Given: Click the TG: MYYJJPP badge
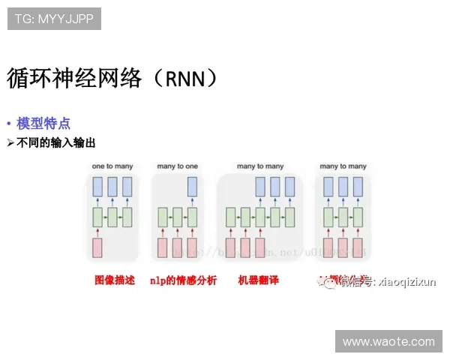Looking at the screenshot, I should pyautogui.click(x=53, y=19).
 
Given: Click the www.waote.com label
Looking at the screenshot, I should pyautogui.click(x=388, y=341).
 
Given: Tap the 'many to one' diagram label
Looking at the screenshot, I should pyautogui.click(x=177, y=165).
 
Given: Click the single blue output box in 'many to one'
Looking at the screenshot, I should pyautogui.click(x=193, y=187).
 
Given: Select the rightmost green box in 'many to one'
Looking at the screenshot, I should pyautogui.click(x=193, y=218).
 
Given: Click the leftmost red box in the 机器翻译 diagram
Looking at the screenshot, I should pyautogui.click(x=231, y=247).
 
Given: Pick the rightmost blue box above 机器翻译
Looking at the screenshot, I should pyautogui.click(x=289, y=187).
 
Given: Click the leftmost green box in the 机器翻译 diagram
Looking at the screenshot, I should pyautogui.click(x=231, y=218).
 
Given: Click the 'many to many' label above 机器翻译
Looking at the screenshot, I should pyautogui.click(x=259, y=165).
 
